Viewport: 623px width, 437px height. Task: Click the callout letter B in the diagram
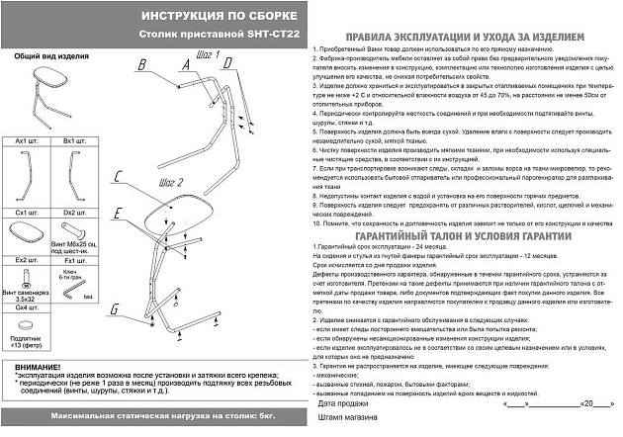(x=141, y=65)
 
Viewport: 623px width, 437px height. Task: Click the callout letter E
(x=116, y=214)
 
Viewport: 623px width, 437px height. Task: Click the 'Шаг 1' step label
(x=208, y=55)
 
